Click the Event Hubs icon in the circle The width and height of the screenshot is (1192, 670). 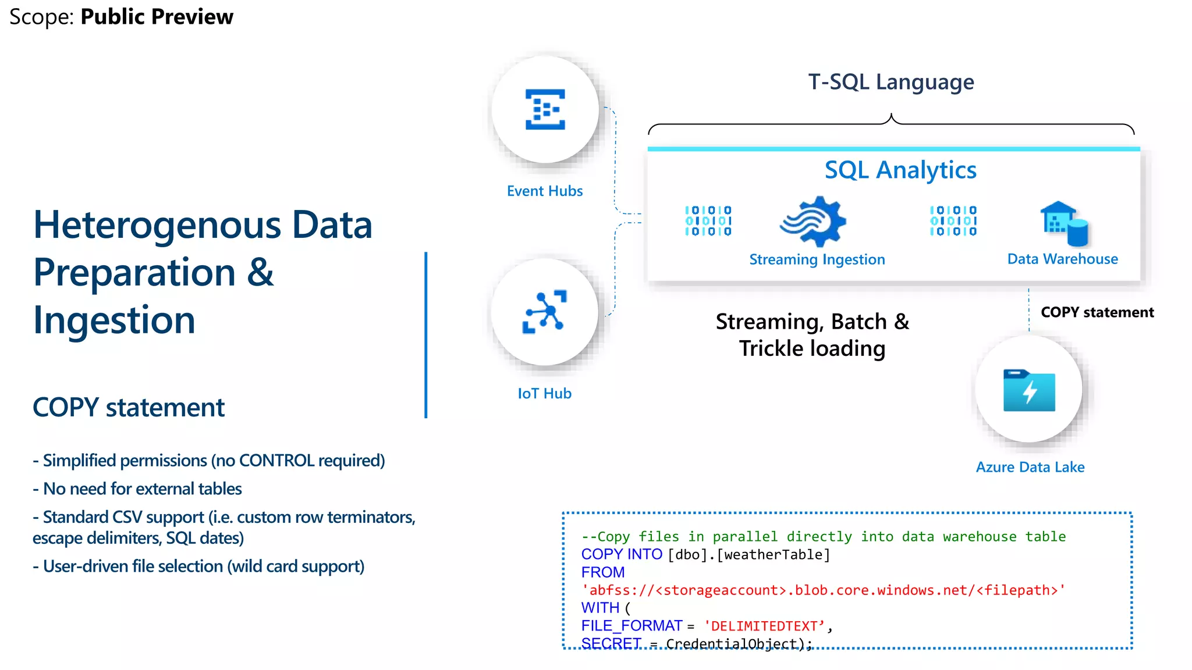point(545,109)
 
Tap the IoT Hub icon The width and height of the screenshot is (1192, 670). point(545,312)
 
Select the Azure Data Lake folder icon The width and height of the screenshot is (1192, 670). point(1029,390)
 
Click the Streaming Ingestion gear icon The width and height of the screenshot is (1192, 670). point(814,222)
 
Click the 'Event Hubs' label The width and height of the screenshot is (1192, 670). point(544,191)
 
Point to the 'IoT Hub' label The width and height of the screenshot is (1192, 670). point(544,393)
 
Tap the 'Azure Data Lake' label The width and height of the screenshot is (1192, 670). point(1030,467)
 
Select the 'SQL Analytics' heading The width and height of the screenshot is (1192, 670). point(900,170)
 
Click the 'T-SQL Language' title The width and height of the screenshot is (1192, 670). point(891,82)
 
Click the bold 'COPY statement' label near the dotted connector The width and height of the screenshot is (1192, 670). point(1097,312)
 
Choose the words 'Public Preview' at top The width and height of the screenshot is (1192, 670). point(157,17)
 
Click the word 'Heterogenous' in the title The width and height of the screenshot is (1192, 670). point(157,225)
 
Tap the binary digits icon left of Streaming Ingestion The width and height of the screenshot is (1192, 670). point(708,221)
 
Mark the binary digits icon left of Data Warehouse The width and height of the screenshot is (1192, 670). point(953,221)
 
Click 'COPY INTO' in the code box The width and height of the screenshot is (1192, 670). point(621,554)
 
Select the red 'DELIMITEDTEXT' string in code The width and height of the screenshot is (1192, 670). point(764,626)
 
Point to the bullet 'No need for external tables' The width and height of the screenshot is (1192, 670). point(142,489)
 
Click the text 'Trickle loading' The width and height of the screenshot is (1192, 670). point(812,348)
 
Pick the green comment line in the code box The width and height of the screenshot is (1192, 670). point(823,536)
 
